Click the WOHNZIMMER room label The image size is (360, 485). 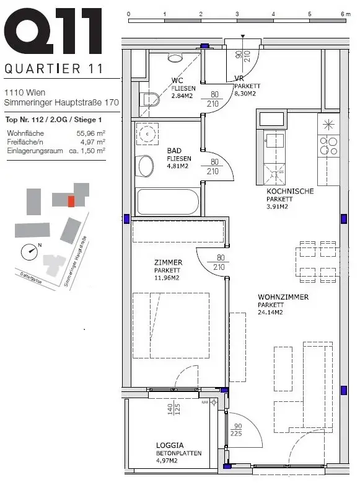click(x=283, y=297)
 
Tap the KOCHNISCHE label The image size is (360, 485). click(x=290, y=191)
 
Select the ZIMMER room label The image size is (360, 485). click(x=168, y=262)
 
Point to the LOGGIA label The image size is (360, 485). click(x=170, y=445)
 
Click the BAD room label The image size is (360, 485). click(x=174, y=151)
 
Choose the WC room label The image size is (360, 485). click(x=177, y=81)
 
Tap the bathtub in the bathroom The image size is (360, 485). click(x=168, y=202)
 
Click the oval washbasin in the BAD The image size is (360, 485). click(x=146, y=166)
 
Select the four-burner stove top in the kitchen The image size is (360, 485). click(x=328, y=146)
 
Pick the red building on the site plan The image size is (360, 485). click(x=71, y=201)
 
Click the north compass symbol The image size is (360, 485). click(x=30, y=251)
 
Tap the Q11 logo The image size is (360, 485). click(x=53, y=31)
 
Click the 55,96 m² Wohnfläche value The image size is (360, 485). click(x=91, y=133)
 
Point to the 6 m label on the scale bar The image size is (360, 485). click(x=346, y=14)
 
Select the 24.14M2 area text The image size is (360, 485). click(x=270, y=313)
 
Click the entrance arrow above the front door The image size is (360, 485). click(x=243, y=37)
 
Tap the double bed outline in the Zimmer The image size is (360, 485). click(x=171, y=326)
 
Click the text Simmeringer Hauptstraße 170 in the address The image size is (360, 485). click(x=61, y=102)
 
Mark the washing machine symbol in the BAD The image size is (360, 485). click(x=147, y=134)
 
